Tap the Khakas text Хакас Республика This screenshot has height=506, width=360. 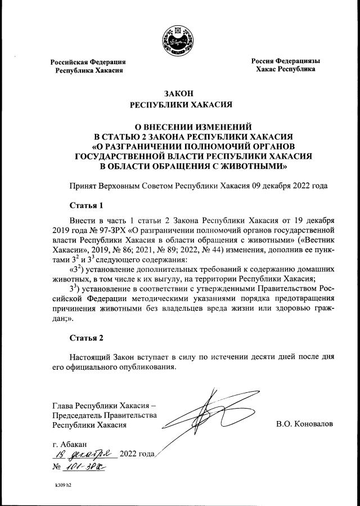[285, 69]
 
